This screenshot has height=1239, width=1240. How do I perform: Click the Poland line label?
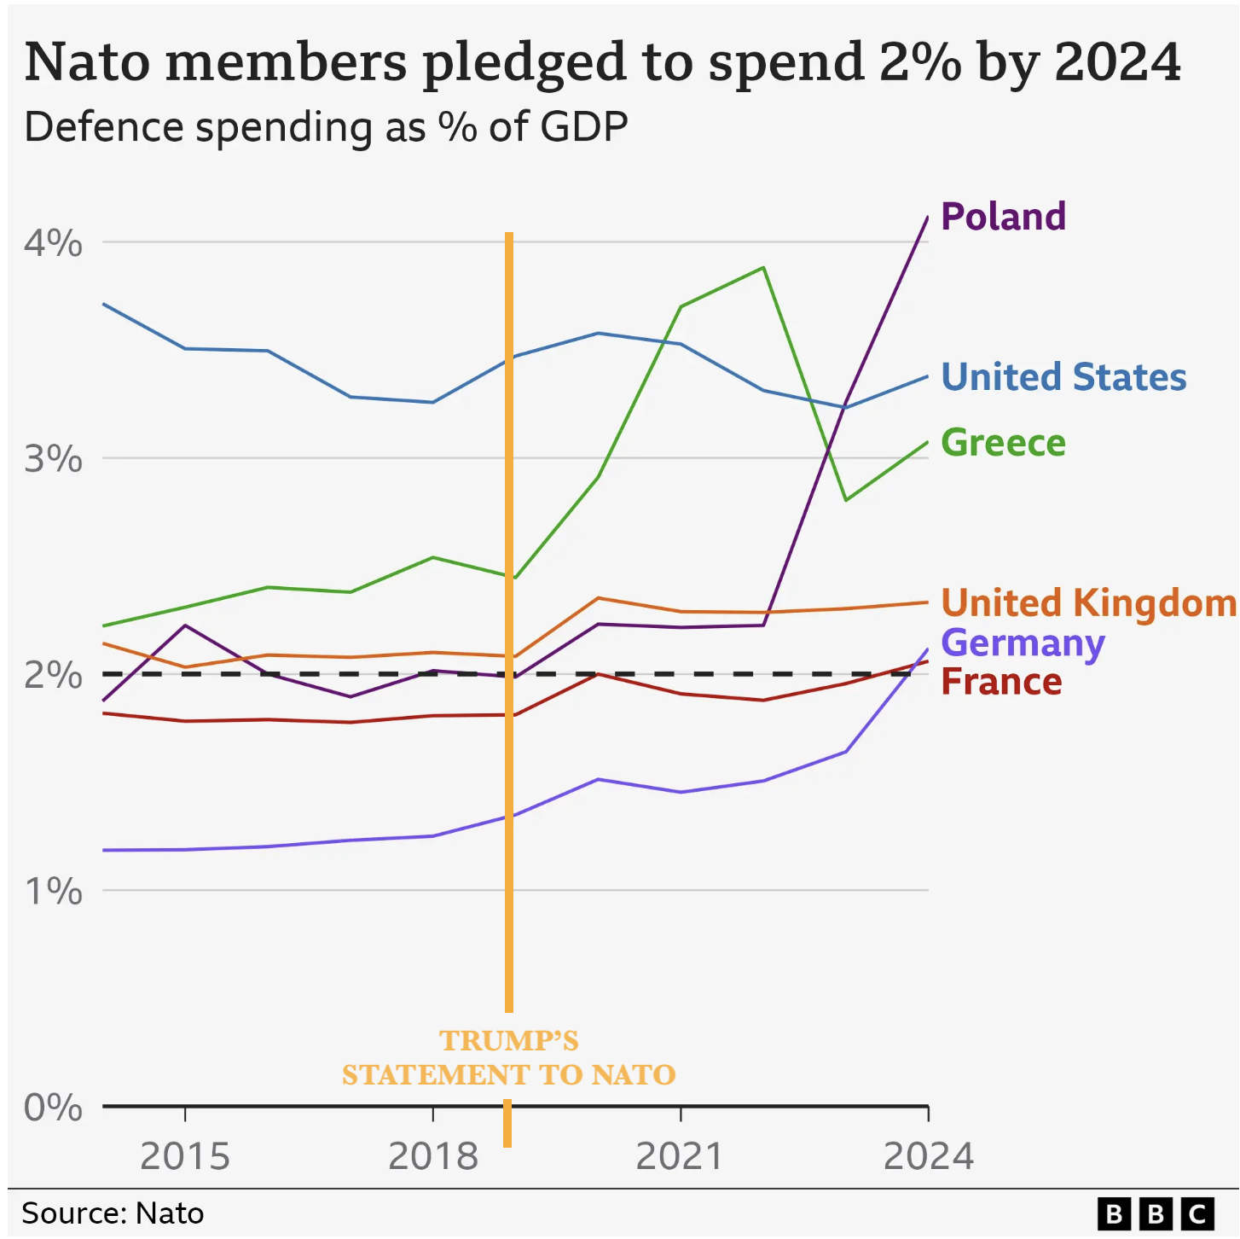tap(1003, 217)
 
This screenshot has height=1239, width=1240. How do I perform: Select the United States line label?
tap(1063, 377)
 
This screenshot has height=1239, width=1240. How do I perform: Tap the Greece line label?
tap(1003, 443)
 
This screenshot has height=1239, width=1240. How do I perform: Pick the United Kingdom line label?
tap(1088, 602)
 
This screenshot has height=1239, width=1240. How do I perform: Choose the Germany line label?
tap(1023, 643)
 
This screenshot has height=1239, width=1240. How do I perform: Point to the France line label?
tap(1001, 682)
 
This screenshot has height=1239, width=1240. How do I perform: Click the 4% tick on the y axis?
tap(53, 243)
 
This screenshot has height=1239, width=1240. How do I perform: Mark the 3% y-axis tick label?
tap(53, 459)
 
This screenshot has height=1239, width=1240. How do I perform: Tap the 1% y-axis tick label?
tap(53, 892)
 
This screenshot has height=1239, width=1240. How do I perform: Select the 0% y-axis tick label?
tap(53, 1108)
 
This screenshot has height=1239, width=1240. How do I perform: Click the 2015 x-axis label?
tap(185, 1156)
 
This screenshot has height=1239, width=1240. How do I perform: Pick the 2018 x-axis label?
tap(433, 1156)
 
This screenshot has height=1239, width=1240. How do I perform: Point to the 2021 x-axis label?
tap(680, 1156)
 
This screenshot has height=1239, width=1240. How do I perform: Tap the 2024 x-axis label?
tap(928, 1156)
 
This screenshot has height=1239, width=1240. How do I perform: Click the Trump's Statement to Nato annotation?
tap(508, 1057)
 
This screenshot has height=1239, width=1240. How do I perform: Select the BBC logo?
tap(1156, 1213)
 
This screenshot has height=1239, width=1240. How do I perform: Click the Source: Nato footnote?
tap(113, 1213)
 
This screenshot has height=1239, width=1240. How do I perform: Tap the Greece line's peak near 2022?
tap(763, 268)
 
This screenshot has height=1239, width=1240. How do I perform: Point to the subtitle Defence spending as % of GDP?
tap(326, 127)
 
